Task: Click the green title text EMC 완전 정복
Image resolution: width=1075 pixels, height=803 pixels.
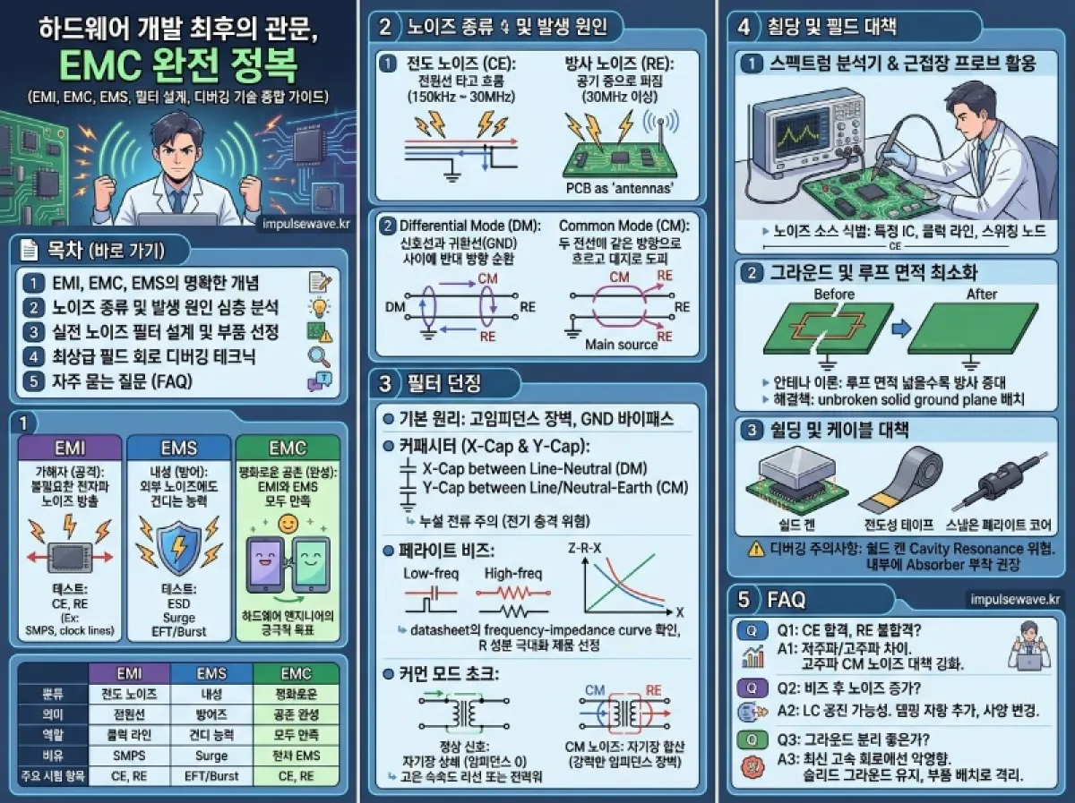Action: tap(179, 65)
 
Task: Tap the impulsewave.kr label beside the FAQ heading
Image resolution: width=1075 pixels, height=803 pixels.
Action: tap(1014, 599)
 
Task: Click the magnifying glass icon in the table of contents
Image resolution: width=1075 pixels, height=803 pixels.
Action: tap(320, 356)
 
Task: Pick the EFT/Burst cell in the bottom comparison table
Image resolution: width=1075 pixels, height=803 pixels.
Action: tap(211, 776)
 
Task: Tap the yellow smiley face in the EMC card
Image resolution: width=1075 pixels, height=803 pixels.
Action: tap(288, 524)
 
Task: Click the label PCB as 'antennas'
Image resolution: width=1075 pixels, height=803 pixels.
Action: tap(618, 188)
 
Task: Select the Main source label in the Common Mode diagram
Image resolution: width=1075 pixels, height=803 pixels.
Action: tap(621, 344)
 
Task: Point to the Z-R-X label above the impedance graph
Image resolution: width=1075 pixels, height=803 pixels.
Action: tap(586, 548)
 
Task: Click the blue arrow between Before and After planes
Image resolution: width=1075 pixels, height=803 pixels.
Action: tap(904, 329)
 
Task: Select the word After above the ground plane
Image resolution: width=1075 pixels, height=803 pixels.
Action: tap(981, 294)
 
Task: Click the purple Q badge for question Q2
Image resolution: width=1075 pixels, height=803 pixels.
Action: tap(751, 688)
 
